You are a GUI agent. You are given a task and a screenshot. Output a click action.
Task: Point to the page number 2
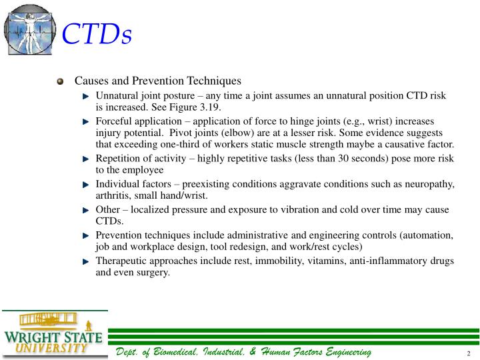pos(469,353)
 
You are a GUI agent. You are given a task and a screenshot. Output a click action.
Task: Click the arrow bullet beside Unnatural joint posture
pos(85,96)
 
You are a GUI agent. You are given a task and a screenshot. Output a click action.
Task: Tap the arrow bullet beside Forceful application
pos(85,122)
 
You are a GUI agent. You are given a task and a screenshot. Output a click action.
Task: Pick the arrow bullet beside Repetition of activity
pos(85,159)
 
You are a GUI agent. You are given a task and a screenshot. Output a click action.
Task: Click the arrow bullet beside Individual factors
pos(85,185)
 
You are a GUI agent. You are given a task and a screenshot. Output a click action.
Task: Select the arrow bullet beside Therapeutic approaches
pos(85,262)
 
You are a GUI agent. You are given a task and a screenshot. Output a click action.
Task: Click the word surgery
pos(153,273)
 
